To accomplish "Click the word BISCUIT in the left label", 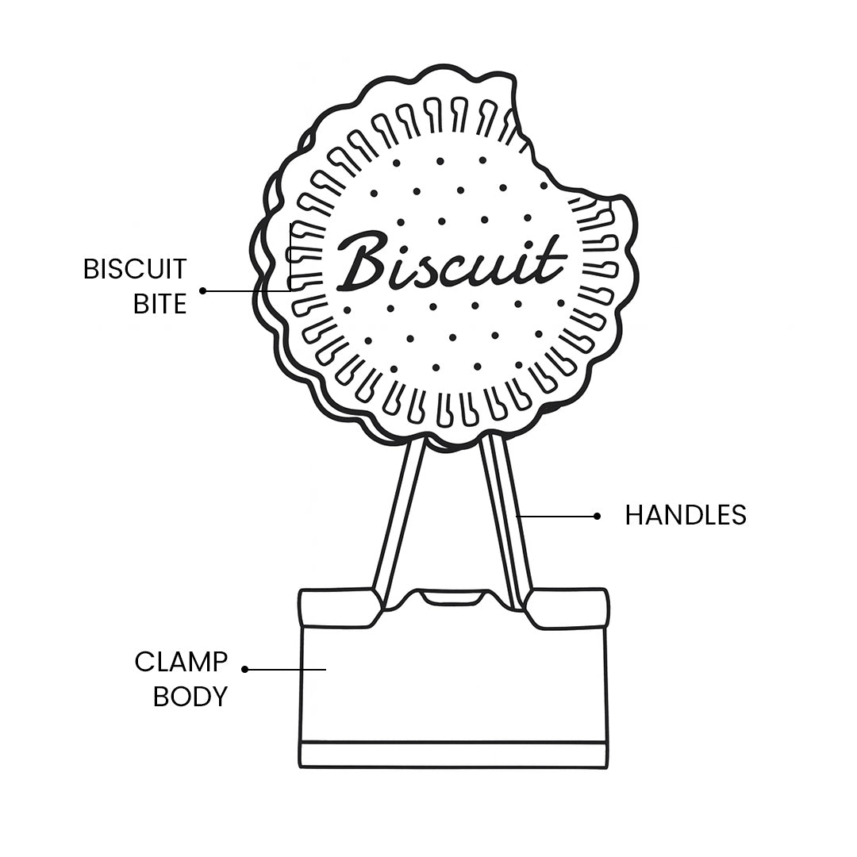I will click(135, 269).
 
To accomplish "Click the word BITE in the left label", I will click(159, 304).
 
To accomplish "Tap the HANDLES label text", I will click(686, 516).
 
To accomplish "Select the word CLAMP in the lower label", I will click(181, 661).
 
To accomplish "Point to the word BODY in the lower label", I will click(190, 697).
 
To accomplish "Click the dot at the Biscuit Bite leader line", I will click(203, 290).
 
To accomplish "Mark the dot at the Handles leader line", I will click(597, 516).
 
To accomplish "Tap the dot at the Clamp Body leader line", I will click(245, 669).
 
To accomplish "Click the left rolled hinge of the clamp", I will click(337, 608).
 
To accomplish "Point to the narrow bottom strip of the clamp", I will click(453, 755).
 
